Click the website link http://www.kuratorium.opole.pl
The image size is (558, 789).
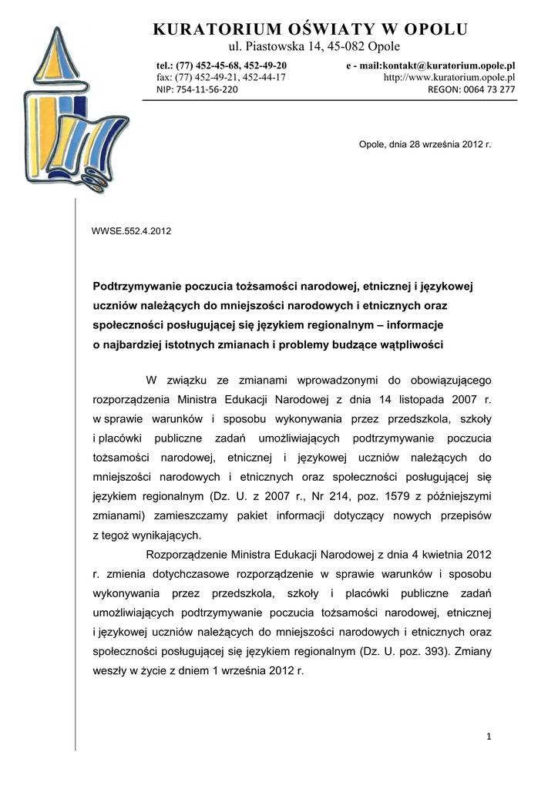(x=449, y=78)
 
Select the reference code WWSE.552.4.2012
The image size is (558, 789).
(x=131, y=231)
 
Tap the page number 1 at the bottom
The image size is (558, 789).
(x=489, y=737)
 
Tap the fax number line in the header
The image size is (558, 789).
(x=221, y=78)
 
